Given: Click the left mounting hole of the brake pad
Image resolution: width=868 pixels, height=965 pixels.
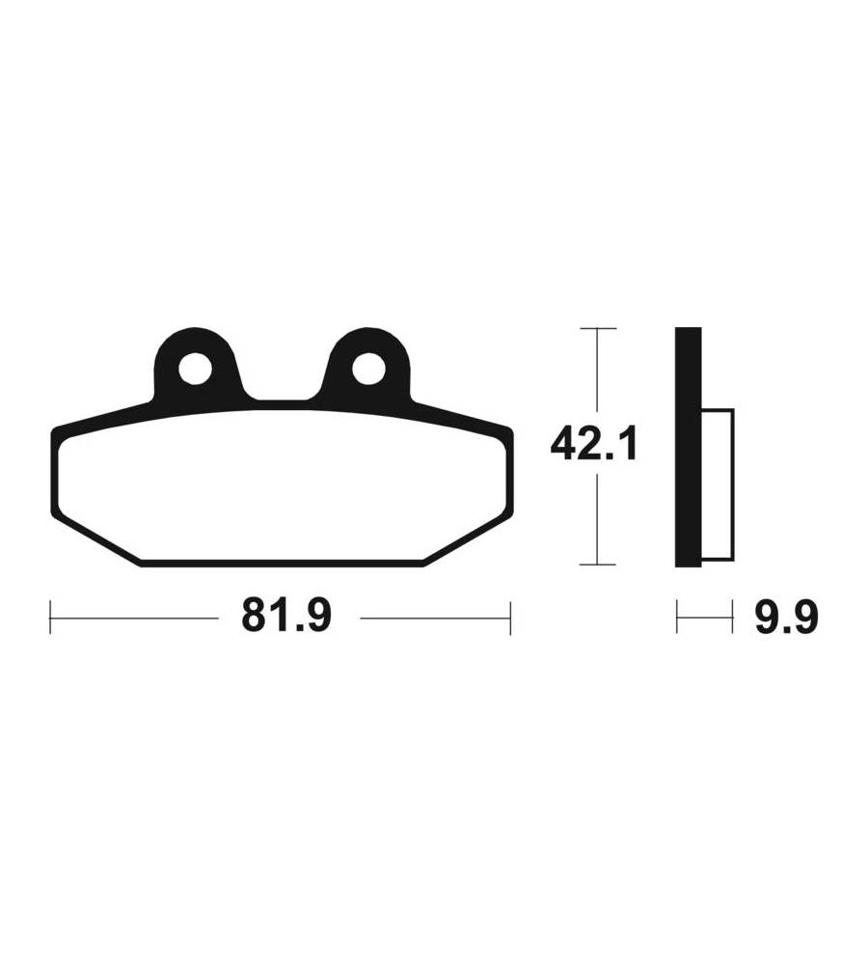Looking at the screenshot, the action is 195,370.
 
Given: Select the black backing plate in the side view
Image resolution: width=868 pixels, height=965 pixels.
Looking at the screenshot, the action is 688,447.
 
